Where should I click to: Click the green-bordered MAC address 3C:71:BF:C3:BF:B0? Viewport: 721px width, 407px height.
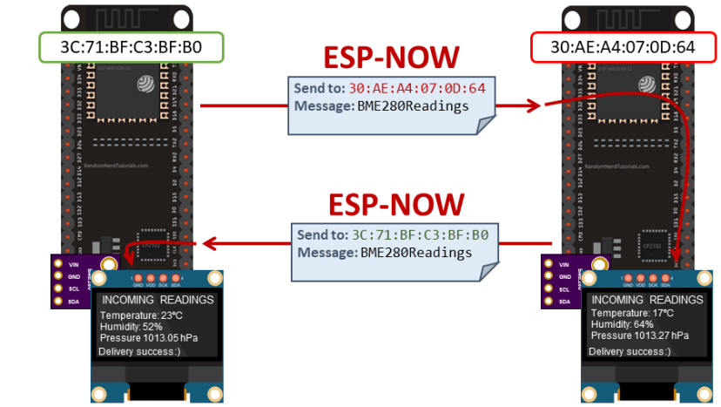[131, 47]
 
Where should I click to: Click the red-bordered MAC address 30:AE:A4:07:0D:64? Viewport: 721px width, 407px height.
[623, 47]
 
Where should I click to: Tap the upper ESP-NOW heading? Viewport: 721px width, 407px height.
[391, 58]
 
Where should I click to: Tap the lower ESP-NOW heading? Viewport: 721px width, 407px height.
[396, 204]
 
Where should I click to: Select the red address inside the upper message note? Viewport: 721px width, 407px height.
[417, 89]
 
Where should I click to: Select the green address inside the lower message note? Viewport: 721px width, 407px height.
[419, 235]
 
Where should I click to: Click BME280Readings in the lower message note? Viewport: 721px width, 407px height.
[416, 253]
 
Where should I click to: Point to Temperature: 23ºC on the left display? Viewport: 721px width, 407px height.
[141, 314]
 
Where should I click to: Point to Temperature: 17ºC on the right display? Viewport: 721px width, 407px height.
[633, 313]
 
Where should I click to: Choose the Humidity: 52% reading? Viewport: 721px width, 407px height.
[132, 325]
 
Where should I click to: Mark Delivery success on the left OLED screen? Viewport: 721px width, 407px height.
[139, 351]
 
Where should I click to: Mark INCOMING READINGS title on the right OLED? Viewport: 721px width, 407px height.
[647, 300]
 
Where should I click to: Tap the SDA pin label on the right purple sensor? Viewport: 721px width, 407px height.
[563, 302]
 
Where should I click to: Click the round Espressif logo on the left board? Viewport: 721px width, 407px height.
[145, 84]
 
